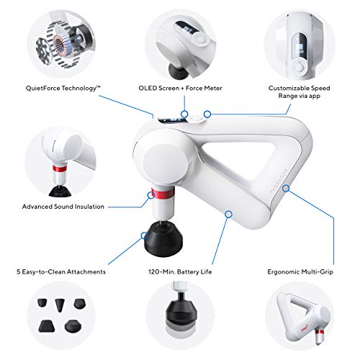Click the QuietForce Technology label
[x=63, y=89]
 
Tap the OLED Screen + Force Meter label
[x=180, y=88]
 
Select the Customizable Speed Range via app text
[x=299, y=92]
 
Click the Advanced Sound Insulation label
[x=63, y=207]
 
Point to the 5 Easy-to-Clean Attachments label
[x=61, y=272]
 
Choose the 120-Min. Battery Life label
[x=180, y=272]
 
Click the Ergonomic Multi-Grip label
[x=300, y=272]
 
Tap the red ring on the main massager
[x=163, y=193]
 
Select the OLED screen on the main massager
[x=172, y=120]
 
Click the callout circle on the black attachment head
[x=145, y=235]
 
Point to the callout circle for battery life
[x=229, y=214]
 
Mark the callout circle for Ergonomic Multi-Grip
[x=286, y=189]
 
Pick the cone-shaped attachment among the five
[x=59, y=305]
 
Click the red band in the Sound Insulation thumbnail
[x=60, y=169]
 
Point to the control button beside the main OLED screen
[x=195, y=119]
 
